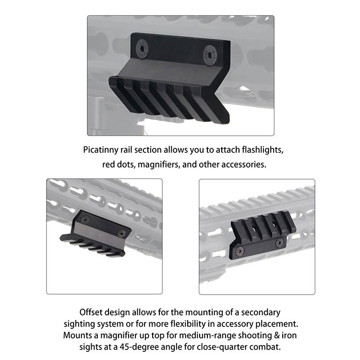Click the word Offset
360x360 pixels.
[x=92, y=312]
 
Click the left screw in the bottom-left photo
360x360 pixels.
[x=84, y=219]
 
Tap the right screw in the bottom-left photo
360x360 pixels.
[x=121, y=233]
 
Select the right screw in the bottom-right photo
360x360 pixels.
[x=278, y=243]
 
